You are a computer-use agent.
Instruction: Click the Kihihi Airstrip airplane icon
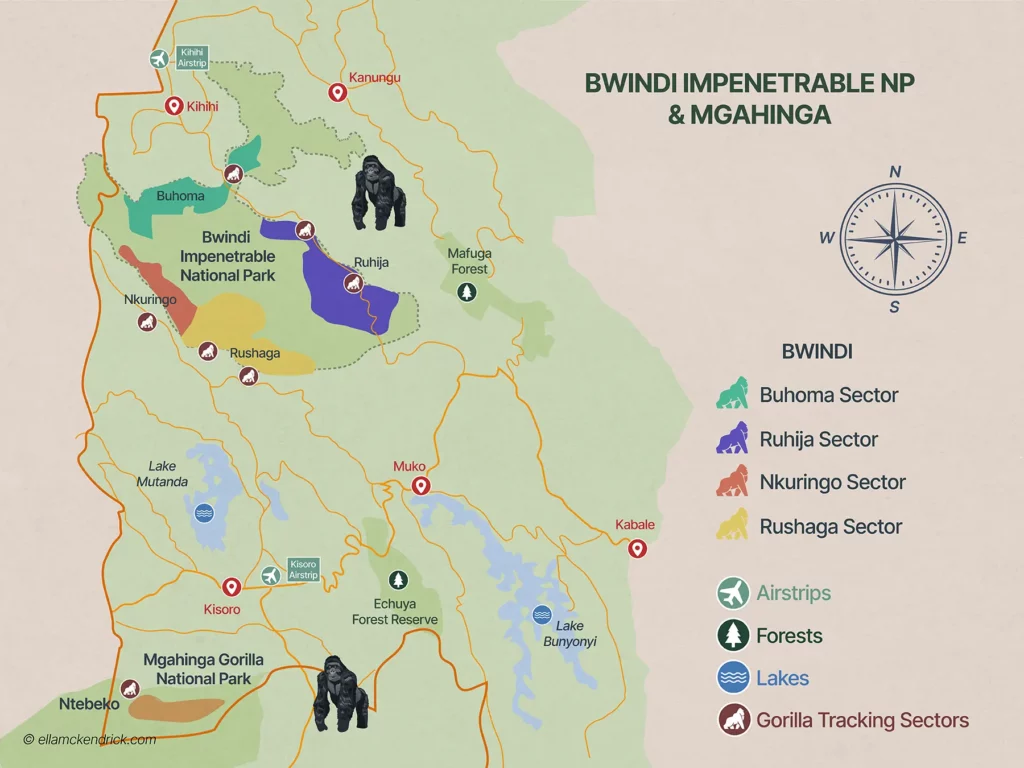point(158,59)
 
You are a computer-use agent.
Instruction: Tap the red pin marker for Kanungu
point(338,93)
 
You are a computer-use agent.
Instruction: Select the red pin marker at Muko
point(421,486)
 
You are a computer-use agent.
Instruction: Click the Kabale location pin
point(636,548)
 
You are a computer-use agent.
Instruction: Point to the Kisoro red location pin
point(232,587)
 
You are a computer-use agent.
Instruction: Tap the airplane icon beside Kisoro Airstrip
point(271,575)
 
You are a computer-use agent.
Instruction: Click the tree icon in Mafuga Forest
point(465,292)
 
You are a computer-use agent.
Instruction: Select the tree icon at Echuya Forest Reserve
point(399,580)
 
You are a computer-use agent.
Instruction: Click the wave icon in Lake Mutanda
point(204,513)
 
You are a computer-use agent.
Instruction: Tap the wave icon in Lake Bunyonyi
point(542,615)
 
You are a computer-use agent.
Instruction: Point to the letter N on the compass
point(895,172)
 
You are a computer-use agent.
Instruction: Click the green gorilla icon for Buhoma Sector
point(734,393)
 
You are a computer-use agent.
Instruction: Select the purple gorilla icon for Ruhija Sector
point(734,438)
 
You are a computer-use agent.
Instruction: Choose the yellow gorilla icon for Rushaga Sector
point(734,524)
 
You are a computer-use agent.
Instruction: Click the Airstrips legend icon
point(734,593)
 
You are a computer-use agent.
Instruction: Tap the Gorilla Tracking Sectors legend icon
point(734,719)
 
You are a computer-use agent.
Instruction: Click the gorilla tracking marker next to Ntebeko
point(129,688)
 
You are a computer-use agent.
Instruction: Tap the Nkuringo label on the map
point(150,299)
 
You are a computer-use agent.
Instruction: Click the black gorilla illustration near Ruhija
point(379,194)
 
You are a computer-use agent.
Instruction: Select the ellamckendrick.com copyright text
point(90,740)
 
